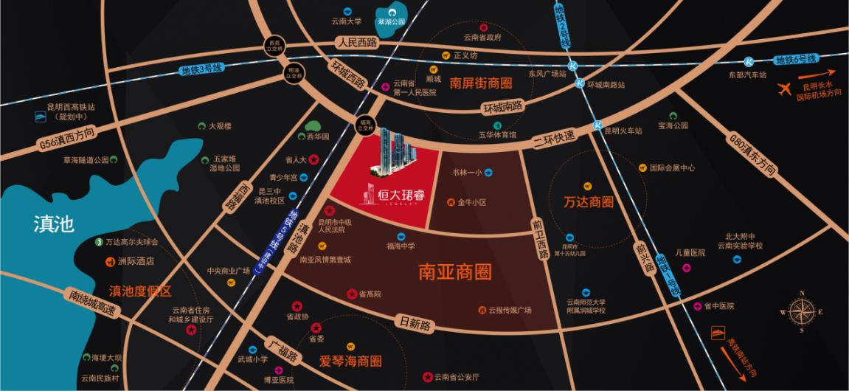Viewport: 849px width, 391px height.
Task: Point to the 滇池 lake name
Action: tap(54, 224)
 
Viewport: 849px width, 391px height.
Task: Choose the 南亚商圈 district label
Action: tap(454, 272)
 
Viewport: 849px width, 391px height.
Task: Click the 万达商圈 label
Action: tap(588, 201)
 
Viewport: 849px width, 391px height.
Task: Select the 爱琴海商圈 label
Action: tap(350, 361)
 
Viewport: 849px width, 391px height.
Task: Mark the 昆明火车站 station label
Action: tap(623, 131)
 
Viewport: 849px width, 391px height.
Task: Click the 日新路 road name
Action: tap(415, 324)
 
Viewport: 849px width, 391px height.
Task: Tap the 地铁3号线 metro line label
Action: tap(201, 70)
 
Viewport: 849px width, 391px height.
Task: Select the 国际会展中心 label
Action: tap(672, 167)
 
